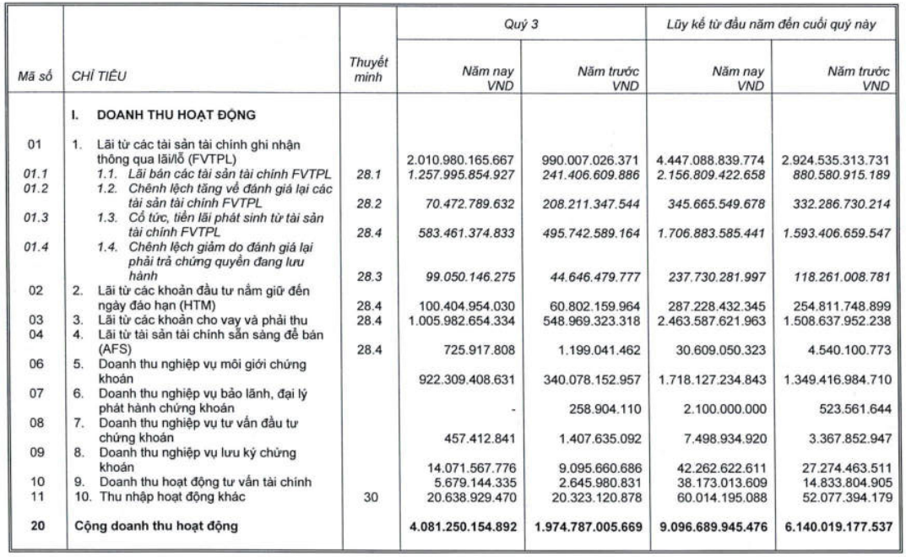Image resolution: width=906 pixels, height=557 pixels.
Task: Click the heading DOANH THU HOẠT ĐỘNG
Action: pos(151,115)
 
